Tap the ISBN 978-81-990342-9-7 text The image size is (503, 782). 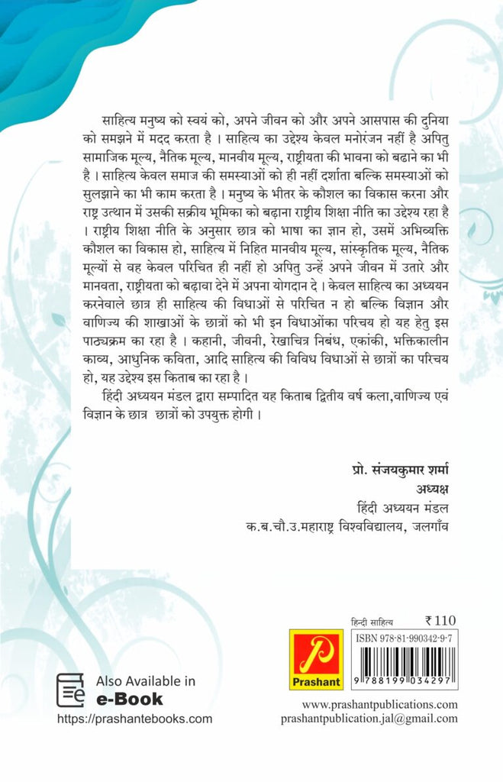(x=405, y=638)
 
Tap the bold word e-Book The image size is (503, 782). (x=129, y=698)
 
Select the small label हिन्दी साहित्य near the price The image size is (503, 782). (x=371, y=623)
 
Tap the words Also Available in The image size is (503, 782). (x=146, y=680)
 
